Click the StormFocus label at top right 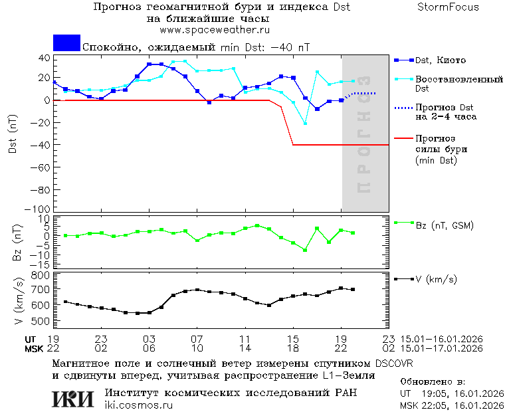(448, 7)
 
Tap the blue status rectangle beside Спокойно (66, 43)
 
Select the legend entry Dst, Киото (439, 60)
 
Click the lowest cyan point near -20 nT (306, 123)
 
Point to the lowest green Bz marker (305, 250)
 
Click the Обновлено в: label (431, 382)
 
